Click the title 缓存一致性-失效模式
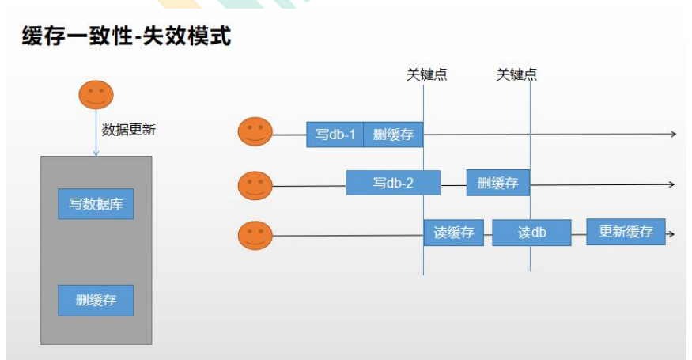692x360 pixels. click(127, 36)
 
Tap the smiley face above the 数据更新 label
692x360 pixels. click(96, 95)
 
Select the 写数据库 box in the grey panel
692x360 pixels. click(96, 204)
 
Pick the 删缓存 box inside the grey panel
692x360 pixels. click(96, 300)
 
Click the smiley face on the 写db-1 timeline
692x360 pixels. click(255, 132)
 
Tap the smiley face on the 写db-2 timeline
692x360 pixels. click(255, 185)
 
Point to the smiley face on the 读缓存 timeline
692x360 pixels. click(255, 235)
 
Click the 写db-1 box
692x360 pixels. click(335, 135)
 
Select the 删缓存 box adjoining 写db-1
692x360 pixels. click(393, 135)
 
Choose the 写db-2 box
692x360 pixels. click(393, 183)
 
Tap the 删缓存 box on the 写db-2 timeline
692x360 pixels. click(497, 183)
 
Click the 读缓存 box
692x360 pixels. click(453, 233)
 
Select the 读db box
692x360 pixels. click(531, 233)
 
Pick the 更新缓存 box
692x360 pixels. click(626, 232)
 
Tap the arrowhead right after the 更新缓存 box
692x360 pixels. click(671, 234)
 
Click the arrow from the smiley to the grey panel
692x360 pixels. click(96, 135)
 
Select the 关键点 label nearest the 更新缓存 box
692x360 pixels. click(516, 75)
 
